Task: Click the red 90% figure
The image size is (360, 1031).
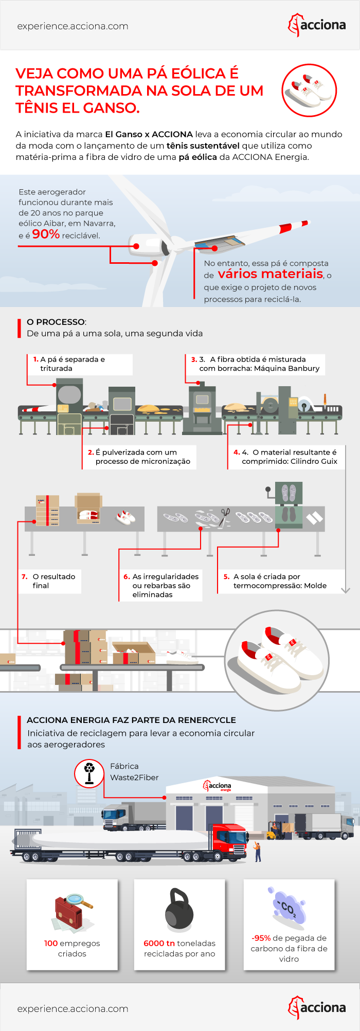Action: click(46, 234)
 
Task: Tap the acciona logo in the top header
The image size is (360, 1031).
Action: click(317, 25)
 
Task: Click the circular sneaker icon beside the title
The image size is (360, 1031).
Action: click(309, 91)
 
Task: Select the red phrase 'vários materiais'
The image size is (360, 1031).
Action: click(271, 274)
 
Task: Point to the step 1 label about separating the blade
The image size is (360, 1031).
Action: click(80, 364)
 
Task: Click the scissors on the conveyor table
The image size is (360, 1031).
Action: click(225, 514)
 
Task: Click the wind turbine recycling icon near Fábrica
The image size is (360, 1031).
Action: click(89, 772)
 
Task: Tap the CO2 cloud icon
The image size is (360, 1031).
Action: click(287, 908)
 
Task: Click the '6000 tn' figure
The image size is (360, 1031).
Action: click(159, 943)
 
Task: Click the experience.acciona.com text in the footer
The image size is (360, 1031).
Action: click(73, 1008)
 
